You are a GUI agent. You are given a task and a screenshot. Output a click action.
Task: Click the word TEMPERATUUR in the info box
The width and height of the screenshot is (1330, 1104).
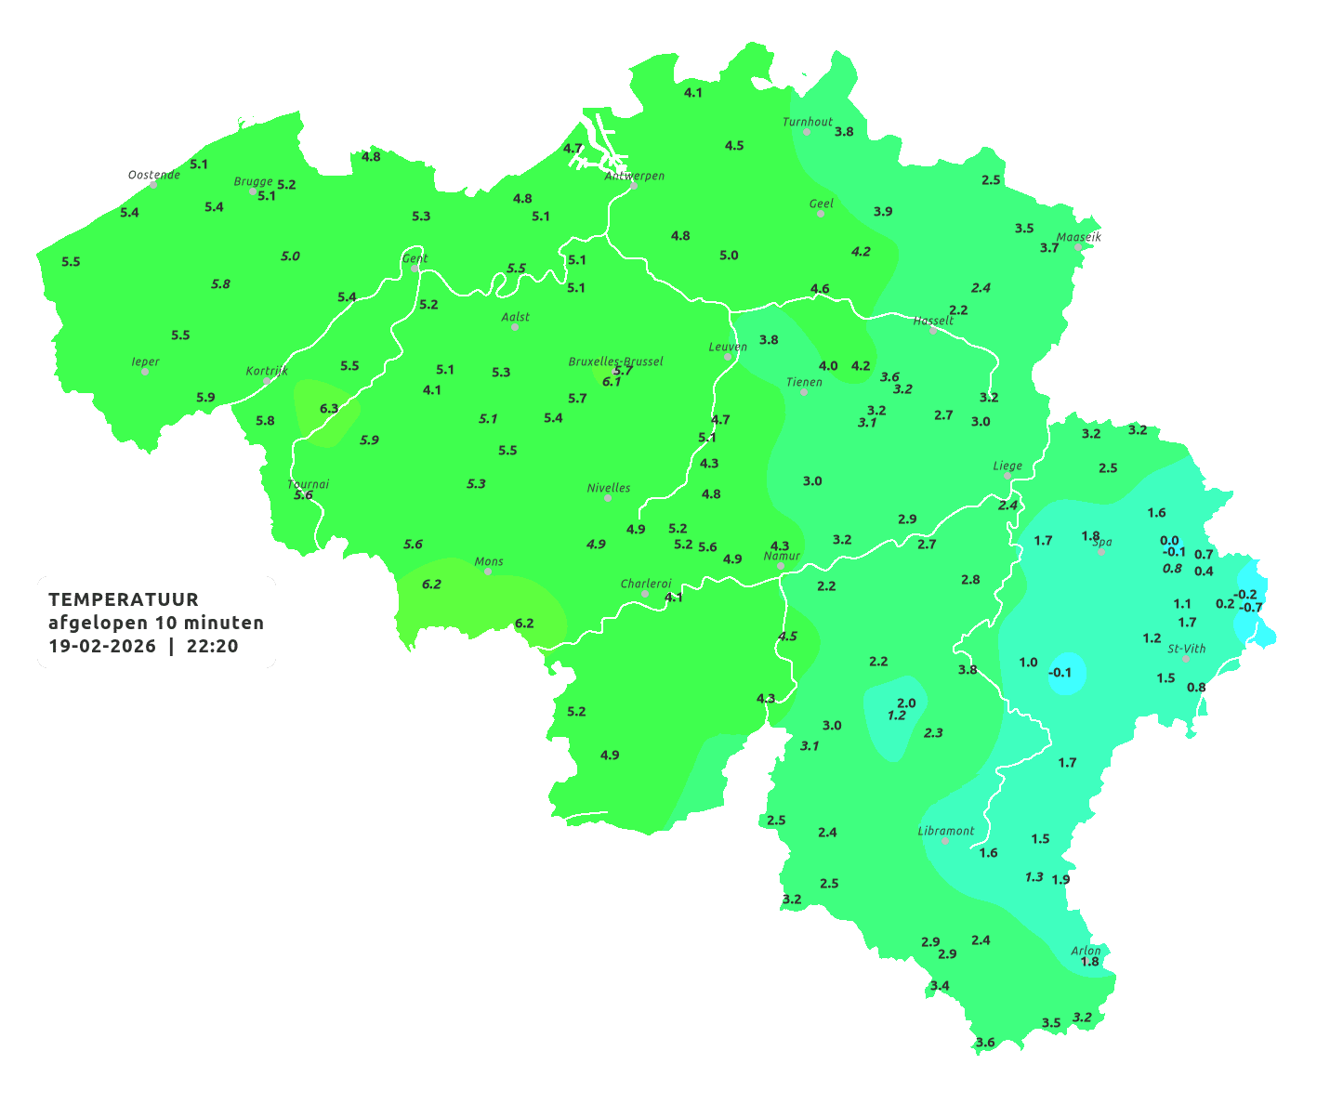pyautogui.click(x=124, y=599)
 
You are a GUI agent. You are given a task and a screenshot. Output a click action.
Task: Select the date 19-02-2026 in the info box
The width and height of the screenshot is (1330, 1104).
pyautogui.click(x=101, y=647)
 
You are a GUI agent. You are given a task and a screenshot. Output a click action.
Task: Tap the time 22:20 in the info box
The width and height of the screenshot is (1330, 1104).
pyautogui.click(x=212, y=647)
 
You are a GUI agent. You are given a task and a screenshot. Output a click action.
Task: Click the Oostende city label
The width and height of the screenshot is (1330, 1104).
pyautogui.click(x=153, y=175)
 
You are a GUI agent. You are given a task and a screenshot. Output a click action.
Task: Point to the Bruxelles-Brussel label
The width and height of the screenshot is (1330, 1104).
pyautogui.click(x=615, y=361)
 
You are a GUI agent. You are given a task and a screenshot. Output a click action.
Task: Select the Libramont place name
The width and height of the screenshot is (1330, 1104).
pyautogui.click(x=945, y=831)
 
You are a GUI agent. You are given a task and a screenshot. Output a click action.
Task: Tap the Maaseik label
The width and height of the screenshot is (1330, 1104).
pyautogui.click(x=1078, y=237)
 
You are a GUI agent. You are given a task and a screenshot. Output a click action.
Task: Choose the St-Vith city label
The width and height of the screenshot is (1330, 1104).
pyautogui.click(x=1186, y=649)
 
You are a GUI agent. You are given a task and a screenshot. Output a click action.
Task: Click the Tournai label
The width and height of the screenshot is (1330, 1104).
pyautogui.click(x=308, y=484)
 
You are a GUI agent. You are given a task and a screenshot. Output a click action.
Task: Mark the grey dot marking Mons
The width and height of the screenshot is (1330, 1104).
pyautogui.click(x=488, y=572)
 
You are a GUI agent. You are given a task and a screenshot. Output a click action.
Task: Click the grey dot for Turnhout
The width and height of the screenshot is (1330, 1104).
pyautogui.click(x=807, y=132)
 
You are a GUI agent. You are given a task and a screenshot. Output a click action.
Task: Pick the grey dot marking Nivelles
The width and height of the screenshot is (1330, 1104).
pyautogui.click(x=608, y=498)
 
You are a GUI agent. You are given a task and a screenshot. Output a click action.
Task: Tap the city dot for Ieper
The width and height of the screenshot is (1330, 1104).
pyautogui.click(x=145, y=371)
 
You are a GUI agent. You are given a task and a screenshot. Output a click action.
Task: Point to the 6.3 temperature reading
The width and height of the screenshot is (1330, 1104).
pyautogui.click(x=329, y=408)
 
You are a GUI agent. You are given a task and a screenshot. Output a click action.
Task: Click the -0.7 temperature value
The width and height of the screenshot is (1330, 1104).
pyautogui.click(x=1252, y=608)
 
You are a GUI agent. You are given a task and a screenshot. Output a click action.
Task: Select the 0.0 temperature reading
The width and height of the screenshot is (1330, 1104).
pyautogui.click(x=1169, y=540)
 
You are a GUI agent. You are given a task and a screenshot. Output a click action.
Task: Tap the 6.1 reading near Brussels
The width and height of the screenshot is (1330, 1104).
pyautogui.click(x=612, y=381)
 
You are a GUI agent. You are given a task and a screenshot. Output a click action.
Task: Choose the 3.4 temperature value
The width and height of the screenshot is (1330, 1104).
pyautogui.click(x=940, y=985)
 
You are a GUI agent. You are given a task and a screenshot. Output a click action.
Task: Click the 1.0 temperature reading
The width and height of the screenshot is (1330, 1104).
pyautogui.click(x=1028, y=662)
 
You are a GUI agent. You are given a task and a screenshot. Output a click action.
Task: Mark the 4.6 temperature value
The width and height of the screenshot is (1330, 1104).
pyautogui.click(x=820, y=289)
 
